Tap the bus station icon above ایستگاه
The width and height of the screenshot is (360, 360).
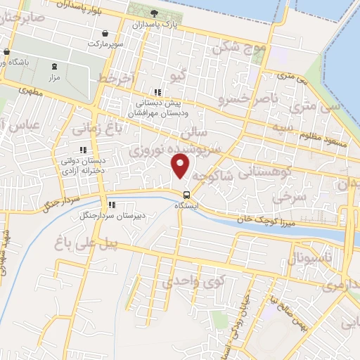tap(186, 195)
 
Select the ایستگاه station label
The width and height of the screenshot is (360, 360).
tap(186, 206)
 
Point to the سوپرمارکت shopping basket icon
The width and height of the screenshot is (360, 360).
tap(105, 33)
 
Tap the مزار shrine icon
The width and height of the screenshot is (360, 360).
tap(54, 65)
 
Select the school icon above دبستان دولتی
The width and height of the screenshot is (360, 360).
tap(83, 149)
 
